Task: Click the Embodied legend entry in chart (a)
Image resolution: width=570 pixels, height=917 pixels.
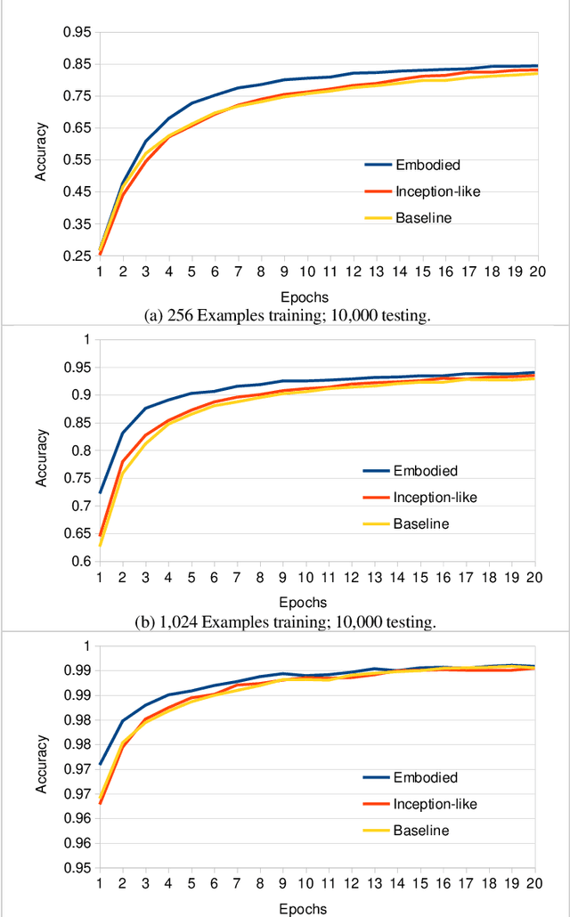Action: (428, 165)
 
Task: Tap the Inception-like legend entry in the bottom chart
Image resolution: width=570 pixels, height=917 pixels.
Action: (436, 804)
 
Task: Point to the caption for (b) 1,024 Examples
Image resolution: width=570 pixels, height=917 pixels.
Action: (285, 622)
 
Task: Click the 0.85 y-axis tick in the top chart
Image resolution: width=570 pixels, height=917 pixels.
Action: (77, 64)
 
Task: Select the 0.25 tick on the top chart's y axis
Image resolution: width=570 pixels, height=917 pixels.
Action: (77, 256)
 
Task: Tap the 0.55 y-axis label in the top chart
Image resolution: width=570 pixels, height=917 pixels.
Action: (77, 160)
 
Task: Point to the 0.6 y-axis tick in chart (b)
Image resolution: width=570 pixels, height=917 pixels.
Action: (81, 562)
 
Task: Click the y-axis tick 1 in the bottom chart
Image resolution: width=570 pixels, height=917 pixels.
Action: (86, 645)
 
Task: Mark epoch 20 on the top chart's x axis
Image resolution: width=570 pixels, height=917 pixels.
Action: (533, 272)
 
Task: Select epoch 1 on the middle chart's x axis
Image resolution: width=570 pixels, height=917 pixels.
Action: (100, 578)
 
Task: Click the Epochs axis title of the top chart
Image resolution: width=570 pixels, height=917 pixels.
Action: (303, 296)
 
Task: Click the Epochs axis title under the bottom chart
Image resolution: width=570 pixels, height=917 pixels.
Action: (303, 907)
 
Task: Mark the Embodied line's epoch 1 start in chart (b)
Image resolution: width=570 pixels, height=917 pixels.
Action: (100, 492)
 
